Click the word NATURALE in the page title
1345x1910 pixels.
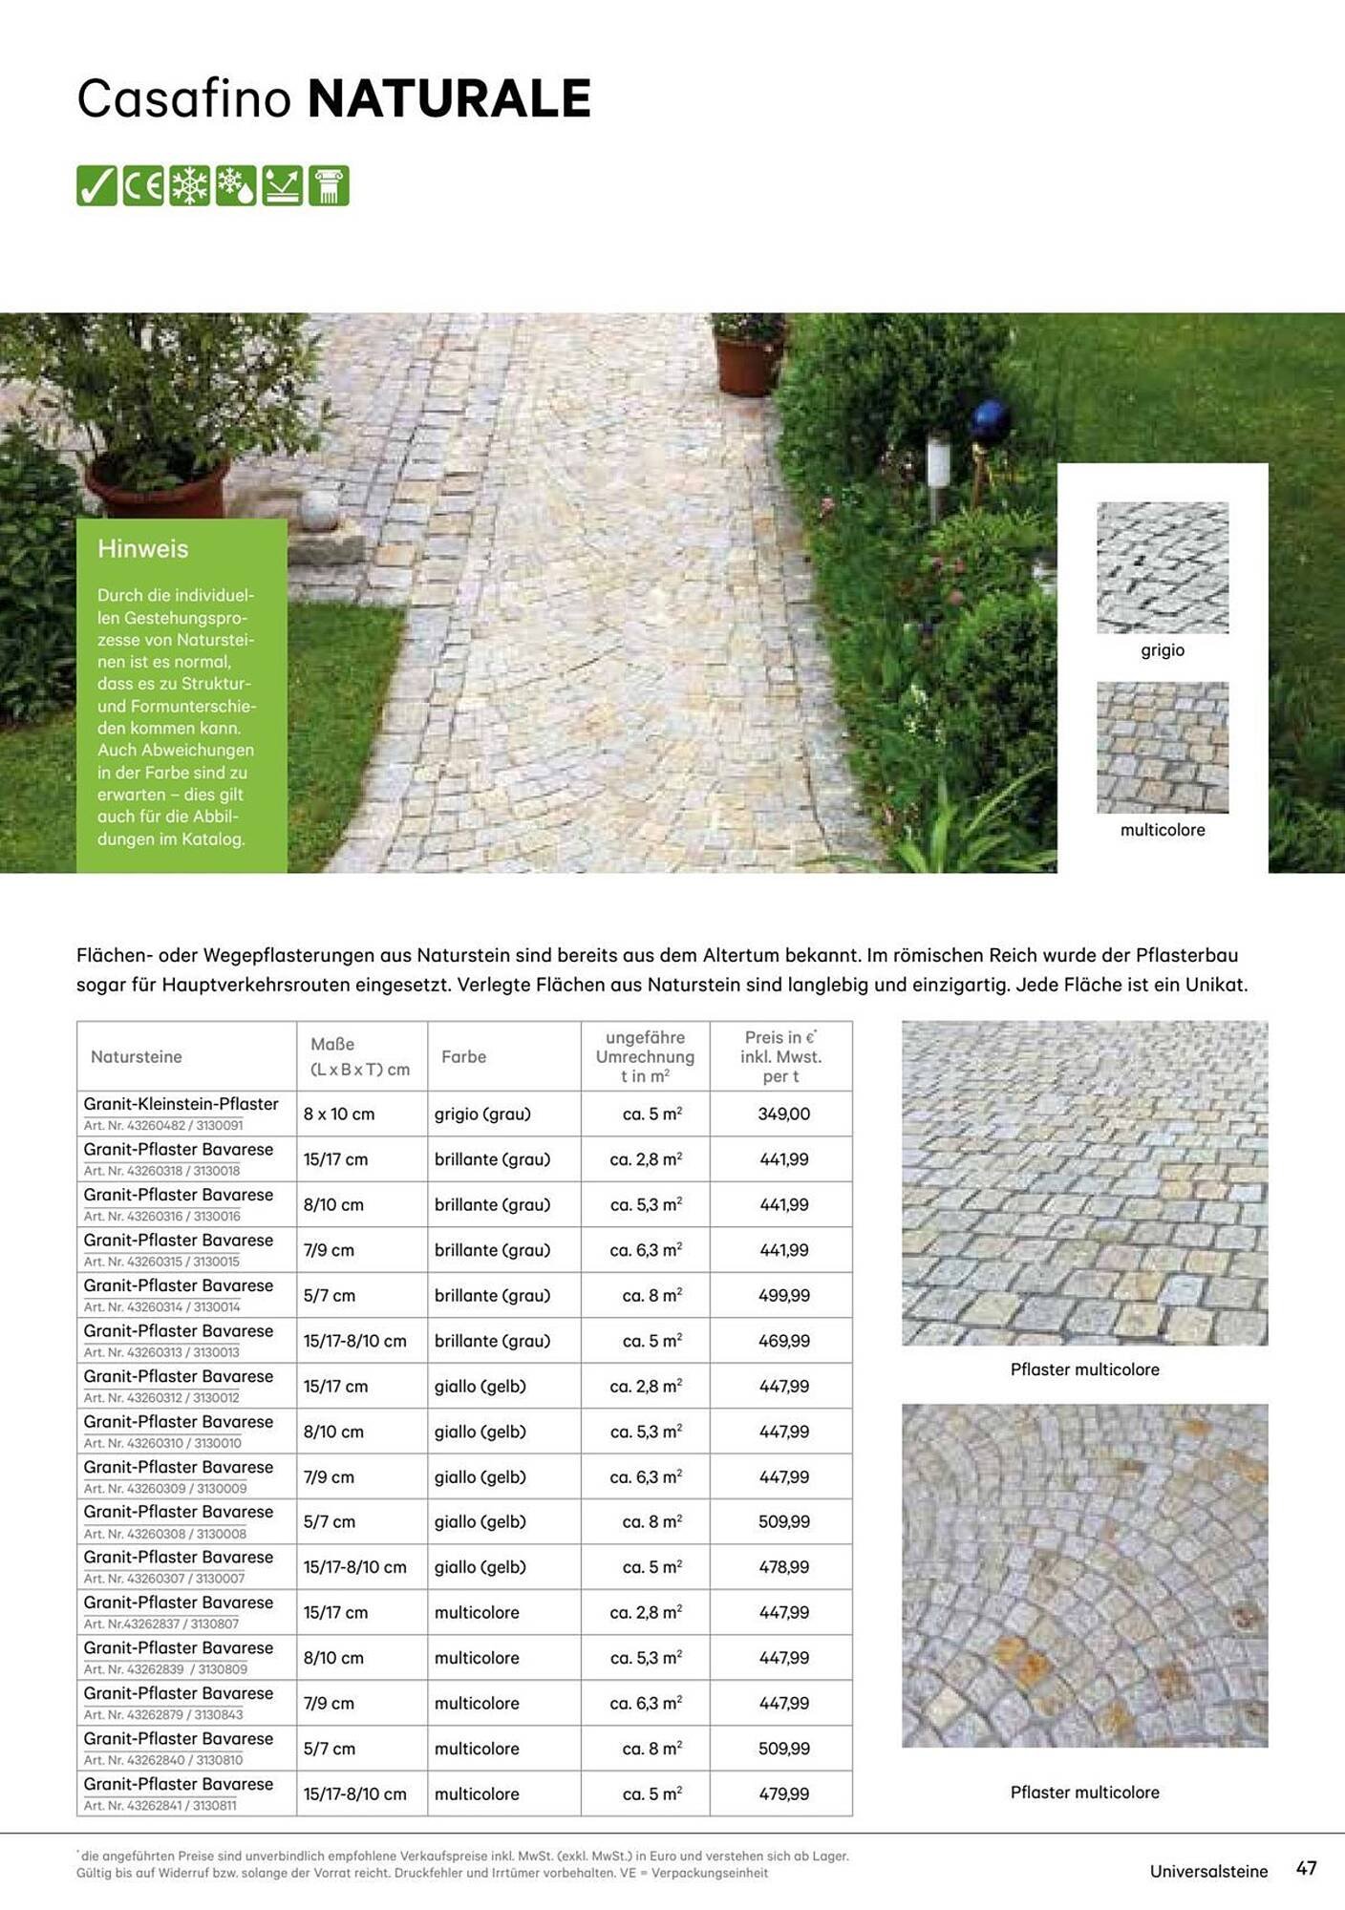(x=449, y=98)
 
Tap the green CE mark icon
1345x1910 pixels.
(x=143, y=185)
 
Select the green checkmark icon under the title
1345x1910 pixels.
(x=96, y=185)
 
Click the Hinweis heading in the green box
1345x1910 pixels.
(x=142, y=548)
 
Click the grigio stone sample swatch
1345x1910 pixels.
(x=1162, y=567)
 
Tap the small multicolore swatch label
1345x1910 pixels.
(x=1162, y=830)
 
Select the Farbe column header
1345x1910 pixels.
(x=463, y=1056)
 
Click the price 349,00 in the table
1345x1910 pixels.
(x=783, y=1114)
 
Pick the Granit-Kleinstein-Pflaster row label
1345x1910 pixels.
(x=181, y=1104)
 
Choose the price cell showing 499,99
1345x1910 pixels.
(x=783, y=1295)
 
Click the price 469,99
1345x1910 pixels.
(x=783, y=1341)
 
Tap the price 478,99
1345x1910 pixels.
(x=783, y=1567)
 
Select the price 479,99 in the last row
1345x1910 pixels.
(x=783, y=1793)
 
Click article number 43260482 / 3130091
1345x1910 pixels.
(x=163, y=1126)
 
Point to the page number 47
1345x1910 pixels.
(x=1306, y=1868)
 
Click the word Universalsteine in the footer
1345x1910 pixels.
(x=1208, y=1871)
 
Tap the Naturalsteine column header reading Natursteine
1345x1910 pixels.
(x=136, y=1056)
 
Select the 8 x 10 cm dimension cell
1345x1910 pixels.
(x=338, y=1114)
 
